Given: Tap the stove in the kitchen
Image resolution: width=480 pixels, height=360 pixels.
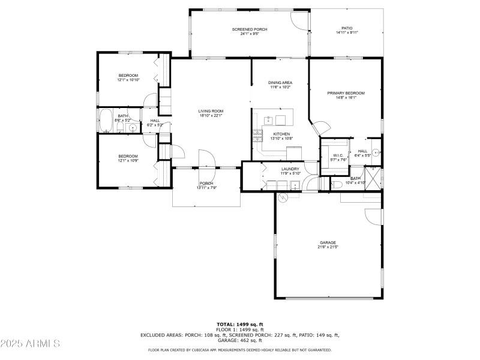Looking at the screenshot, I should tap(258, 135).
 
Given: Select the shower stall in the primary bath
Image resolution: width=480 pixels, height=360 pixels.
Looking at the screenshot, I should tap(374, 178).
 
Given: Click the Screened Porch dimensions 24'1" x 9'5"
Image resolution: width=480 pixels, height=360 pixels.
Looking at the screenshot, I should tap(250, 34).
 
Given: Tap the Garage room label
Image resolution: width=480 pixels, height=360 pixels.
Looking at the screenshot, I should tap(328, 243).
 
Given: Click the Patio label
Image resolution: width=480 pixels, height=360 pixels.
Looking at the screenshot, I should tap(347, 28).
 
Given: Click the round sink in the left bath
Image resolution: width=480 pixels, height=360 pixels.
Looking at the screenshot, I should tap(133, 128).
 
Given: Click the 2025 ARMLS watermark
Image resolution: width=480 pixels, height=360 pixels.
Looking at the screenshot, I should tap(30, 344).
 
